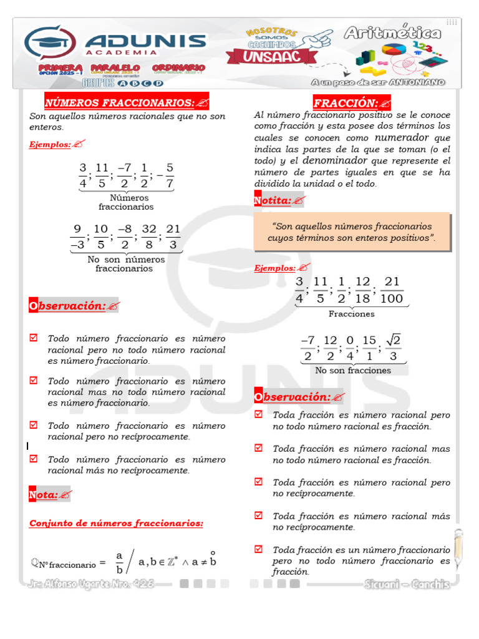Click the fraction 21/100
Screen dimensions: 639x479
(392, 290)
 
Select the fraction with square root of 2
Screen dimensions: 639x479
(393, 348)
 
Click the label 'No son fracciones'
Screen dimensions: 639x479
(353, 370)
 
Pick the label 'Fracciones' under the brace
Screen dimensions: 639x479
(352, 314)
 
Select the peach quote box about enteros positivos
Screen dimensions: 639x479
(352, 232)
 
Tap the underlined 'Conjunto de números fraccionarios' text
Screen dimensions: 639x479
(116, 523)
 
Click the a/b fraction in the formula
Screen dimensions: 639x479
(119, 562)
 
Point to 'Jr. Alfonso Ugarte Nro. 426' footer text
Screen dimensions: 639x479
(90, 584)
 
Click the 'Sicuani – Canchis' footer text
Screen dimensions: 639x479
(407, 584)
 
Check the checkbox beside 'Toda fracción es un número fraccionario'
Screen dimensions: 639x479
(258, 549)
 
